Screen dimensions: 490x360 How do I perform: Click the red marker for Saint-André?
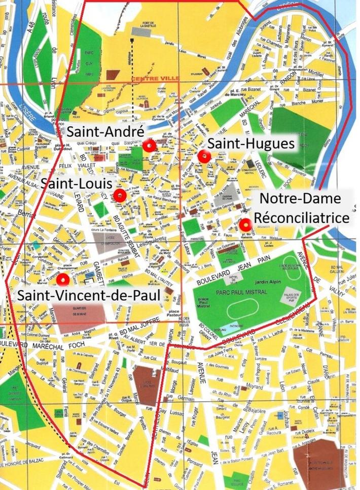pyautogui.click(x=149, y=146)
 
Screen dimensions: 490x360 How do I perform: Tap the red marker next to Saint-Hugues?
pyautogui.click(x=204, y=157)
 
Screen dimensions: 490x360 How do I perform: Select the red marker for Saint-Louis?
pyautogui.click(x=120, y=195)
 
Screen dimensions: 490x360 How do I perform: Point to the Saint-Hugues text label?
pyautogui.click(x=250, y=144)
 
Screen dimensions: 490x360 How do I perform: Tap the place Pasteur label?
pyautogui.click(x=174, y=310)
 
